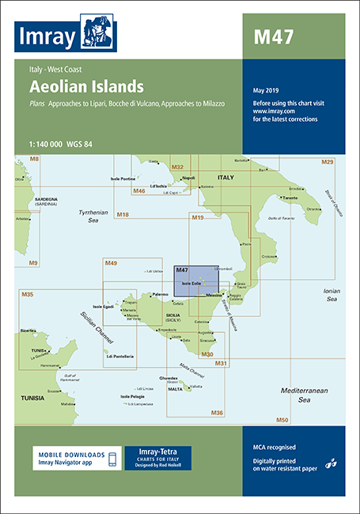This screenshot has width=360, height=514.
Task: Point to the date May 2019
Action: tap(267, 89)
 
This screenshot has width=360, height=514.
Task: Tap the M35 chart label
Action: tap(27, 295)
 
